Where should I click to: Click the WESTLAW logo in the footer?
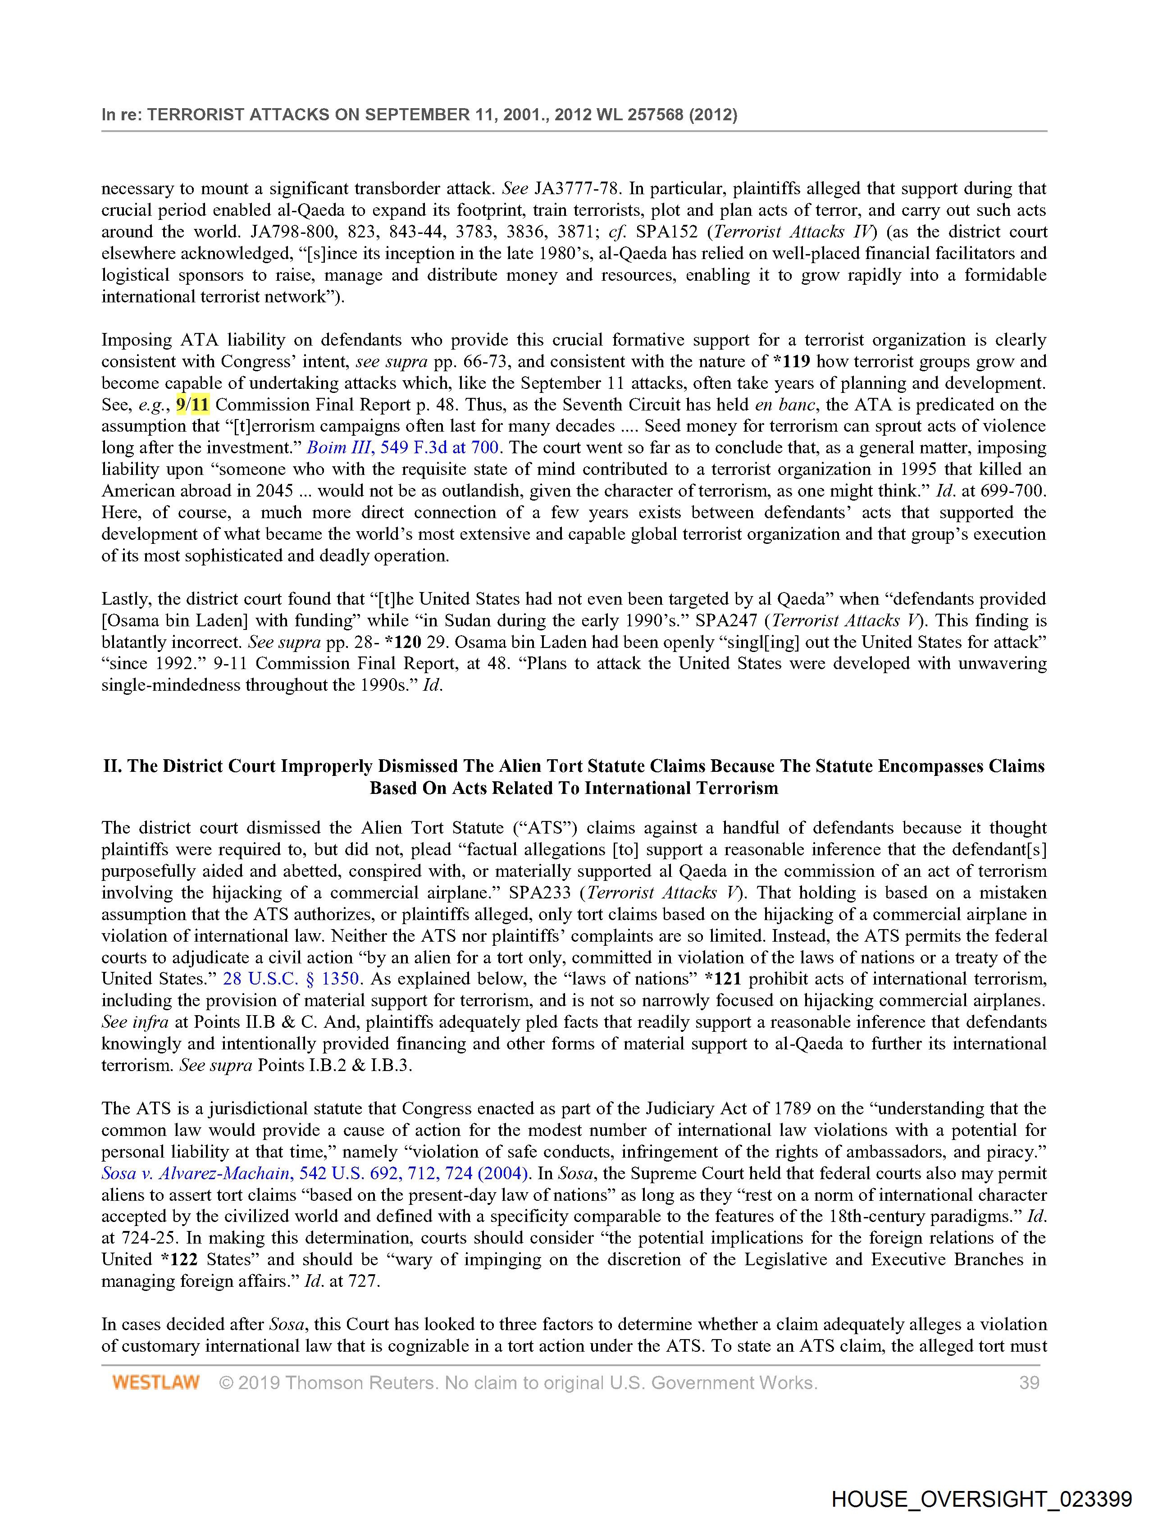pyautogui.click(x=156, y=1382)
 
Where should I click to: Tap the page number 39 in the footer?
pyautogui.click(x=1029, y=1382)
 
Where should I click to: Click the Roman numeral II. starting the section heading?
pyautogui.click(x=113, y=766)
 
